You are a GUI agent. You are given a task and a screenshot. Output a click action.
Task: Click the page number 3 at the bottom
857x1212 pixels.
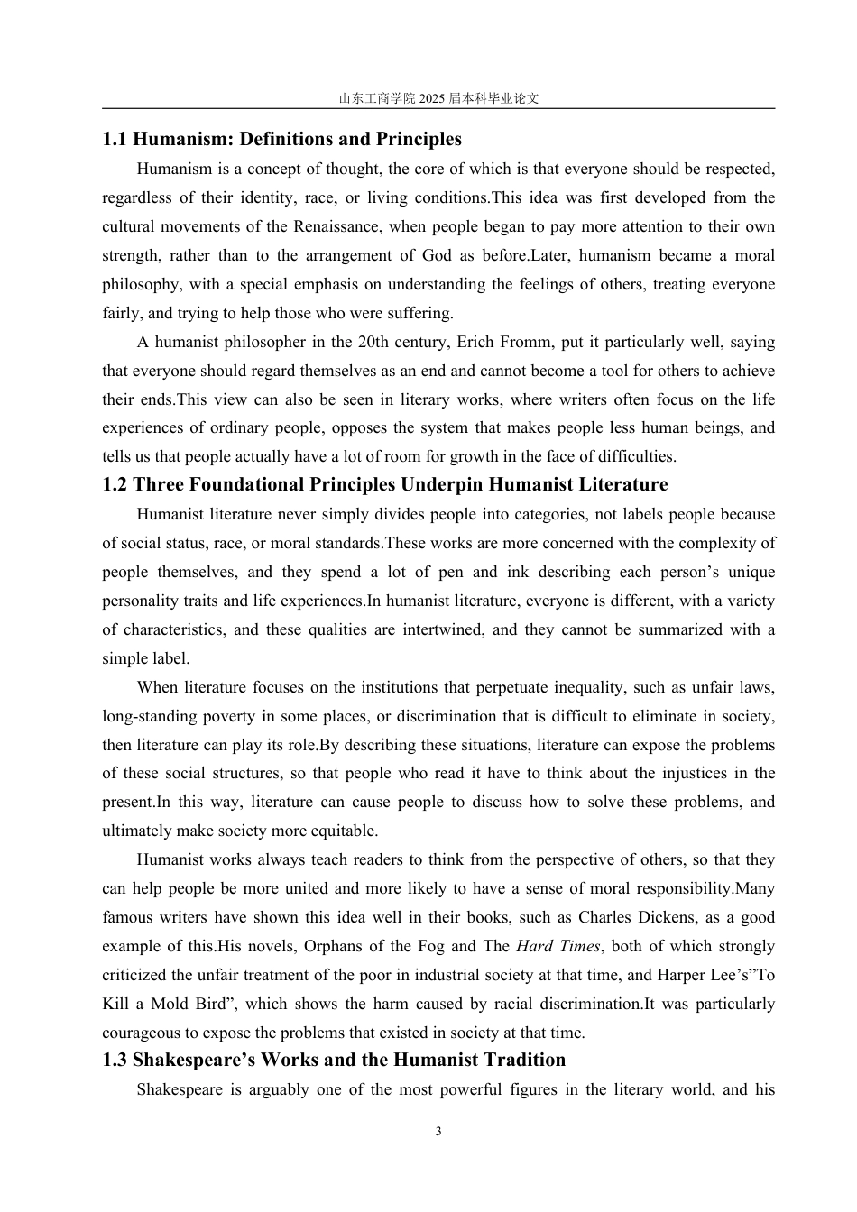pyautogui.click(x=438, y=1132)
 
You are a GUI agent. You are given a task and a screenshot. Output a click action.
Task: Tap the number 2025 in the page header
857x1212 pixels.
pyautogui.click(x=432, y=99)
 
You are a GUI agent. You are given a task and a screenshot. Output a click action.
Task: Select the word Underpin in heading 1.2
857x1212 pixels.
pyautogui.click(x=438, y=484)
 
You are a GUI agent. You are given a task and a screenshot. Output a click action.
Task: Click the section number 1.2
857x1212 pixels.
pyautogui.click(x=115, y=484)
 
